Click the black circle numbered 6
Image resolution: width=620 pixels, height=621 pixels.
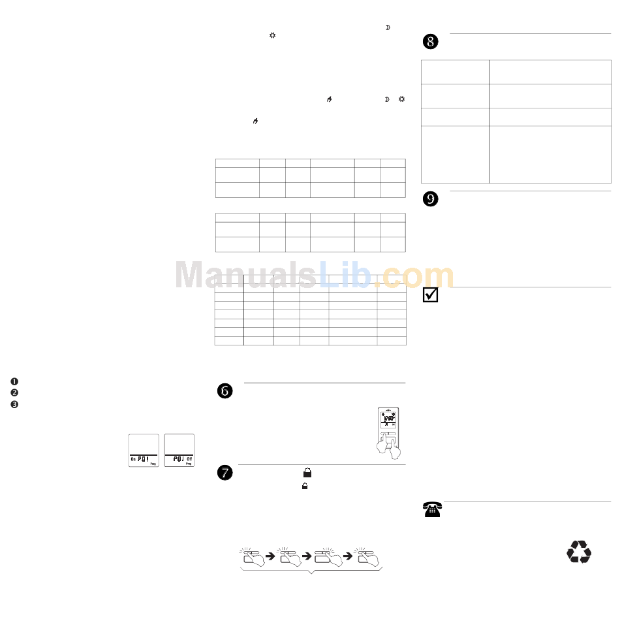224,390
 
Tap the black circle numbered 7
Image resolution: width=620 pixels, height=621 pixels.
224,473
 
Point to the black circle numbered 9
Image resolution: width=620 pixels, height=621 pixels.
431,200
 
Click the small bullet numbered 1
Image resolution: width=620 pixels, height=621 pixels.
14,381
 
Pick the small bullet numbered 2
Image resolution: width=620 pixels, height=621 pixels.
14,392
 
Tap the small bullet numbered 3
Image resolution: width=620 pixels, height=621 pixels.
14,404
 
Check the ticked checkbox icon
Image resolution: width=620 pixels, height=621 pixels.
430,295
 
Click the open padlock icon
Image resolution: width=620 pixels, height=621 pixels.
304,486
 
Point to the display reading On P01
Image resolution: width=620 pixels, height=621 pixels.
143,458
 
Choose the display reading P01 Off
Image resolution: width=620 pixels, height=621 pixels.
179,458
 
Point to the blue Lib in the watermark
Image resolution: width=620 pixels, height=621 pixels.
345,275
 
